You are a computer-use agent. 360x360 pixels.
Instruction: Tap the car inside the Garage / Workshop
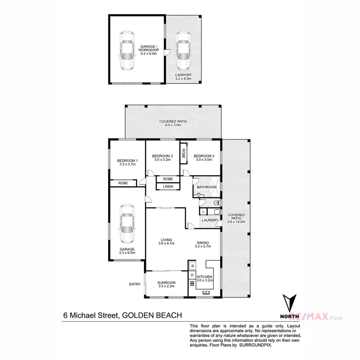[x=126, y=50]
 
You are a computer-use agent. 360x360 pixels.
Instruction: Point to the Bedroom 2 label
[x=162, y=156]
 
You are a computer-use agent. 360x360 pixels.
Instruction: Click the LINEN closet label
[x=168, y=186]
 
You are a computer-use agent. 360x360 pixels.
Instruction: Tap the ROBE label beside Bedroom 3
[x=184, y=152]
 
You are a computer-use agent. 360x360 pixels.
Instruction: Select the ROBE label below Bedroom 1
[x=123, y=183]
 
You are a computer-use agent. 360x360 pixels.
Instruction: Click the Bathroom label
[x=207, y=187]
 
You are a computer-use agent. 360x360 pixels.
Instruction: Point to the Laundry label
[x=210, y=220]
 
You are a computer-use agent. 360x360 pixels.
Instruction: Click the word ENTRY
[x=135, y=284]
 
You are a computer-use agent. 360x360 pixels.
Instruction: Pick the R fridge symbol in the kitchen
[x=192, y=266]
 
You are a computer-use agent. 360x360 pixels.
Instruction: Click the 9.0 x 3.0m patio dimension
[x=173, y=125]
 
